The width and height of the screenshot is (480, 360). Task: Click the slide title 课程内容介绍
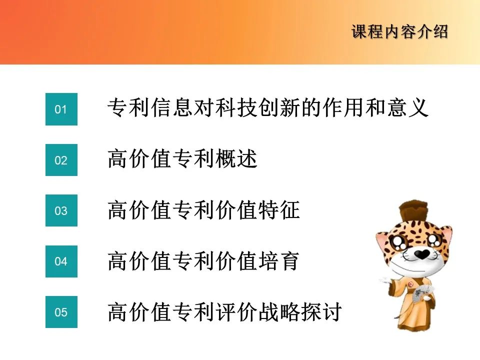click(x=400, y=32)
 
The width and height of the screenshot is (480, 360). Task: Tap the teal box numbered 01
click(x=61, y=109)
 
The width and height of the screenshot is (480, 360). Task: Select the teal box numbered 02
click(x=61, y=160)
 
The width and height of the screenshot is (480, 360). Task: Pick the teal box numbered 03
click(x=61, y=210)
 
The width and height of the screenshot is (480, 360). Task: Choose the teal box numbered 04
click(x=61, y=261)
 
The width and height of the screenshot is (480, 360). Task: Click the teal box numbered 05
click(x=61, y=312)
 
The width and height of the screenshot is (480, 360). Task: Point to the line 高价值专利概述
click(x=182, y=158)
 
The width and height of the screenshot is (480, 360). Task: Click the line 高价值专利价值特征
click(x=203, y=209)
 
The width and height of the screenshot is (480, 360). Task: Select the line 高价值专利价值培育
click(x=203, y=261)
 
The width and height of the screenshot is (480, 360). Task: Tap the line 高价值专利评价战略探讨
click(x=225, y=311)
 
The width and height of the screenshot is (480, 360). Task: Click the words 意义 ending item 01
click(x=407, y=107)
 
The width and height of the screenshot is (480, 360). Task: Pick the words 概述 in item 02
click(x=236, y=158)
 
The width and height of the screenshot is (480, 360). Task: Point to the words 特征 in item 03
click(x=279, y=209)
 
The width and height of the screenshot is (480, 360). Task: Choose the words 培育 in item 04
click(x=279, y=261)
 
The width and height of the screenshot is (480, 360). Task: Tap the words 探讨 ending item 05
click(x=321, y=311)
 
